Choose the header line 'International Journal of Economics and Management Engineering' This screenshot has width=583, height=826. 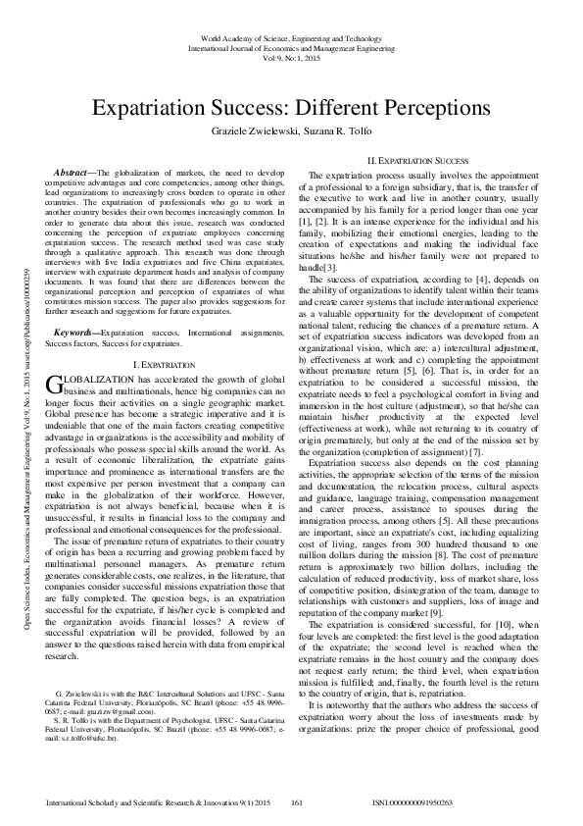coord(291,45)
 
